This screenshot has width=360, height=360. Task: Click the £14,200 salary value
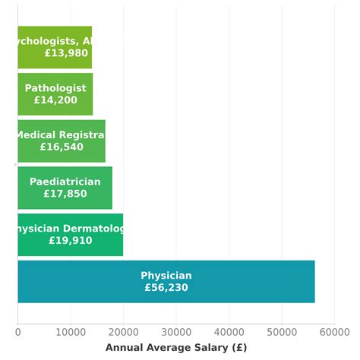55,100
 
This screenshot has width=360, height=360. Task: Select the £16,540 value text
62,147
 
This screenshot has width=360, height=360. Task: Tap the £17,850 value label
65,194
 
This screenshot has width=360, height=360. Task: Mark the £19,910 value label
70,241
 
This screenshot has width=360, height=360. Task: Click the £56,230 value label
166,288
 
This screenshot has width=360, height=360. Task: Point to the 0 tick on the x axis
17,331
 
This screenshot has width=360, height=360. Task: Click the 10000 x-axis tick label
71,331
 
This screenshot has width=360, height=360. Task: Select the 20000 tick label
123,331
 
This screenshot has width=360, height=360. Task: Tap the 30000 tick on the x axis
176,331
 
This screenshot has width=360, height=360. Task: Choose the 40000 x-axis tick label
229,331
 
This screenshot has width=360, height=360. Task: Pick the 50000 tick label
282,331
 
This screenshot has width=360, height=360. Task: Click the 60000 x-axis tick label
334,331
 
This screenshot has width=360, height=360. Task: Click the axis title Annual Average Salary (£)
176,347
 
